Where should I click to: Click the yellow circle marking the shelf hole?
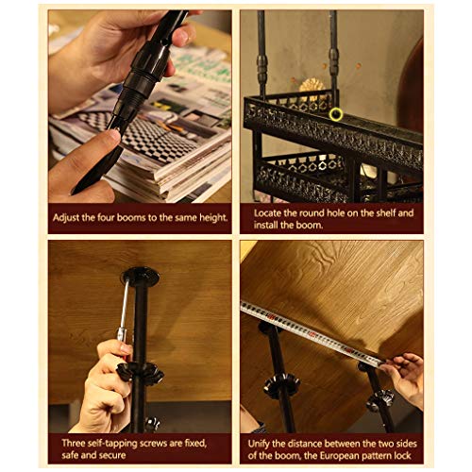[x=336, y=114]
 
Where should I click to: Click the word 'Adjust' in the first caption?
[x=66, y=218]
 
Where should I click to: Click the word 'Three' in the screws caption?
[x=74, y=443]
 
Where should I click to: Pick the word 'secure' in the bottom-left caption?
[x=112, y=455]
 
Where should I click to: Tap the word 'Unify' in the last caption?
[x=259, y=444]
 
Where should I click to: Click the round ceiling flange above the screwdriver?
[x=140, y=277]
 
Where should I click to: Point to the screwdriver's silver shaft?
[x=124, y=305]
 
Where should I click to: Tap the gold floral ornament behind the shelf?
[x=312, y=87]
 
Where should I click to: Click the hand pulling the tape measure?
[x=404, y=376]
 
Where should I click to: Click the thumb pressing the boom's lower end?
[x=106, y=143]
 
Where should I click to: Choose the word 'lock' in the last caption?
[x=402, y=456]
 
